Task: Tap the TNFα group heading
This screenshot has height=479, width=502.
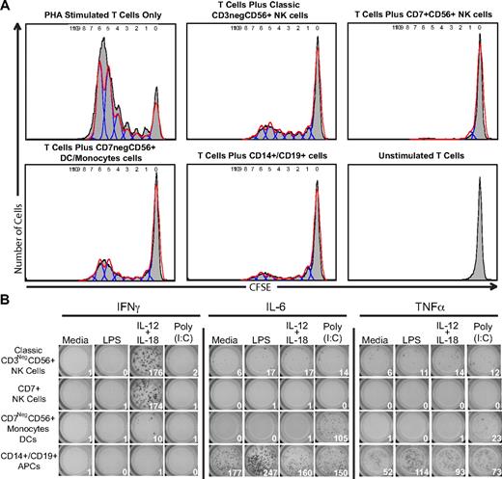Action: click(425, 307)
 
